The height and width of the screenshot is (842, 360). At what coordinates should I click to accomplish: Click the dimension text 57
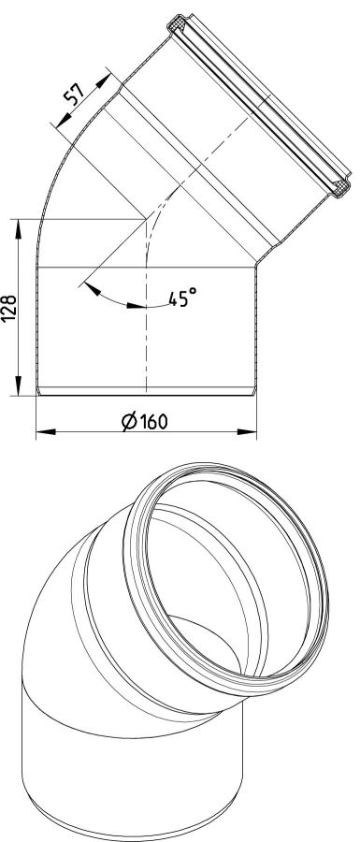[75, 94]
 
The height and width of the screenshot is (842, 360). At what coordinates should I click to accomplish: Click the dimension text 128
[10, 308]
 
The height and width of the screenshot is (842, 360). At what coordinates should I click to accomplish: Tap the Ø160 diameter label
[144, 422]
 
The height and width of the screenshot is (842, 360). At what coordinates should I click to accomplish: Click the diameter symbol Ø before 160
[129, 422]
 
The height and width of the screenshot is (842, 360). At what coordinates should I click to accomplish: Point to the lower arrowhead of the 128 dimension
[19, 386]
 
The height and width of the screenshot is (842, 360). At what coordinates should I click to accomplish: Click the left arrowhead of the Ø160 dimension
[46, 431]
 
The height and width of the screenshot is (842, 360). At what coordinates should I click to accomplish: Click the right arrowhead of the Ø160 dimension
[247, 431]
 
